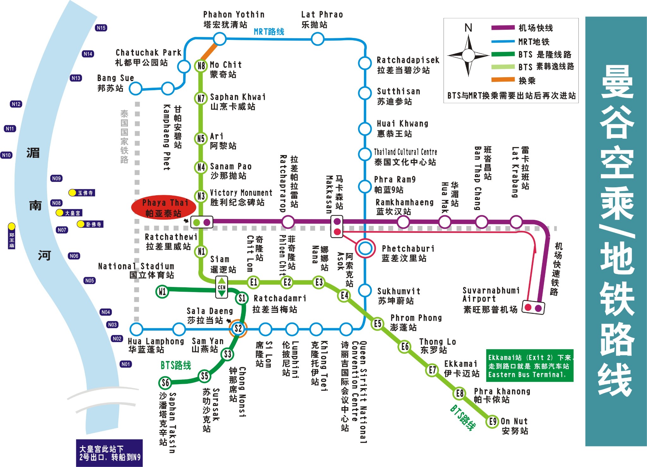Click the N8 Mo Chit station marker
click(201, 66)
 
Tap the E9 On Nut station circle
click(493, 421)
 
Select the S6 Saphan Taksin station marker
click(165, 383)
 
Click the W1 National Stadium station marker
click(162, 291)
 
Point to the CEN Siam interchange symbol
click(222, 287)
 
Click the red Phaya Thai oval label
click(164, 208)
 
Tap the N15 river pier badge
click(101, 28)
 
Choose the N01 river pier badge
click(126, 364)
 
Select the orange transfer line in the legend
click(503, 80)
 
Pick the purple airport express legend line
click(503, 28)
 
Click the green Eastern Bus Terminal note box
click(530, 366)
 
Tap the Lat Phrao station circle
click(317, 39)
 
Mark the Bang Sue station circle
click(136, 89)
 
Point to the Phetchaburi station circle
click(365, 248)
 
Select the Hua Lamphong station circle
click(136, 329)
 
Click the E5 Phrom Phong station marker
click(378, 324)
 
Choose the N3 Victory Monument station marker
click(201, 196)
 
